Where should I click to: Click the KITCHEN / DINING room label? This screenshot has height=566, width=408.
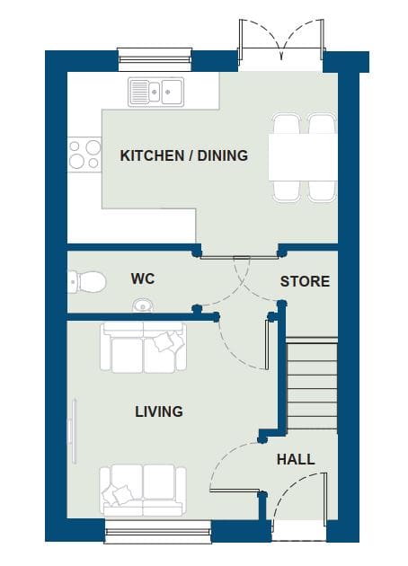click(x=184, y=155)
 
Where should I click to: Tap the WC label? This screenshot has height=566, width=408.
click(x=143, y=279)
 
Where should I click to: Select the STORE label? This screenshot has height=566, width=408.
click(x=305, y=281)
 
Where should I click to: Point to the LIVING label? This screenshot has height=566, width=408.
click(x=159, y=411)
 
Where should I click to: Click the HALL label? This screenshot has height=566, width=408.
click(x=296, y=459)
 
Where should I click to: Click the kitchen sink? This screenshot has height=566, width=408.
click(x=156, y=92)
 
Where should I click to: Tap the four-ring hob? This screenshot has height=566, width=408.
click(x=84, y=155)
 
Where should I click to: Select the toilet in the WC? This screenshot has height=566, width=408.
click(x=87, y=282)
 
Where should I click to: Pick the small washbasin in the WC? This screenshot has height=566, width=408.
click(x=143, y=305)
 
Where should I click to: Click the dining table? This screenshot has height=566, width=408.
click(x=303, y=157)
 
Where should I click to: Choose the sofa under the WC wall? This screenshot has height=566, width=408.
click(x=144, y=348)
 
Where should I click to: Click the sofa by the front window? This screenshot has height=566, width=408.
click(x=143, y=491)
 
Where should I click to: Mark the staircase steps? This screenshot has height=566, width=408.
click(x=313, y=385)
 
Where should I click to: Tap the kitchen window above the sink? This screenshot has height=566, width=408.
click(x=155, y=59)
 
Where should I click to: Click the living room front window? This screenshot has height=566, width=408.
click(x=158, y=531)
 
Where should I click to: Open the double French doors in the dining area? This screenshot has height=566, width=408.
click(x=281, y=43)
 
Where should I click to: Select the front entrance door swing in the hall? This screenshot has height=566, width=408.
click(x=299, y=495)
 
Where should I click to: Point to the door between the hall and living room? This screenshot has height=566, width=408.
click(x=235, y=465)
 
